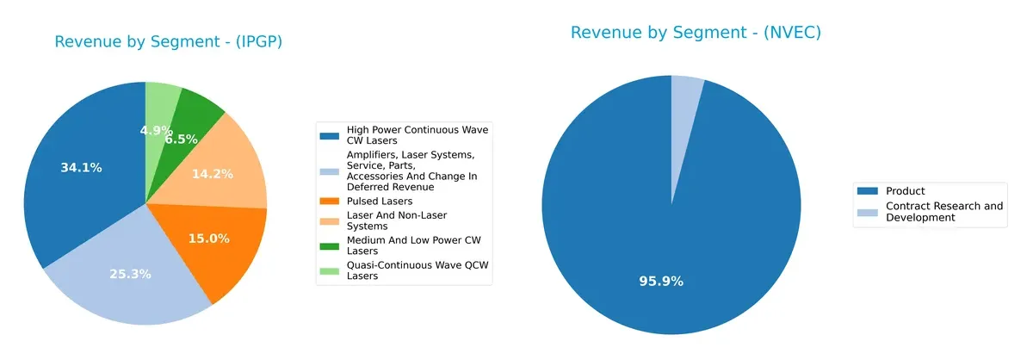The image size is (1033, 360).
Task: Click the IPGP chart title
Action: [x=169, y=42]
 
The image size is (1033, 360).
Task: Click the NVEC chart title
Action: [x=696, y=33]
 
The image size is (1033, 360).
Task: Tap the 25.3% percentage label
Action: [x=130, y=274]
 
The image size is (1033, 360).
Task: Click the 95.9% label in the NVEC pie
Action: [x=660, y=281]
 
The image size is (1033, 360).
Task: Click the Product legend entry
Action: [x=905, y=191]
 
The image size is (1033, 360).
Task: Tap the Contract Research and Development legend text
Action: [x=943, y=212]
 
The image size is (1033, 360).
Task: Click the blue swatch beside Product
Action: [x=869, y=191]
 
